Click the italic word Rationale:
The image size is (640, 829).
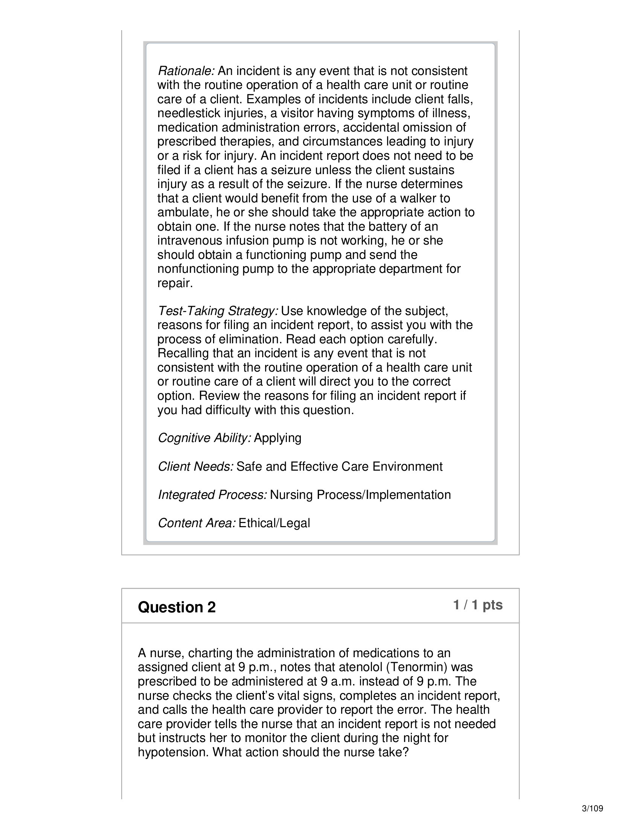click(186, 71)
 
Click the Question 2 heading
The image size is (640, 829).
click(177, 607)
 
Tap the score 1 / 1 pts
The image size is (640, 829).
click(478, 605)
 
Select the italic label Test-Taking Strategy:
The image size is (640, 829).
click(218, 311)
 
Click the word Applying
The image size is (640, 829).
click(277, 438)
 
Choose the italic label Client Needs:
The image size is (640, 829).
click(196, 467)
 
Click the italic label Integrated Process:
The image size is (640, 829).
click(212, 495)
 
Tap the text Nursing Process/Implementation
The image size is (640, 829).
click(360, 495)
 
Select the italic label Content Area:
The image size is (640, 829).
click(197, 523)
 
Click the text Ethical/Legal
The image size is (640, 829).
click(274, 523)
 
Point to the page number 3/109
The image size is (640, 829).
click(592, 809)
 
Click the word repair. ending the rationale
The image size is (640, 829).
click(175, 283)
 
